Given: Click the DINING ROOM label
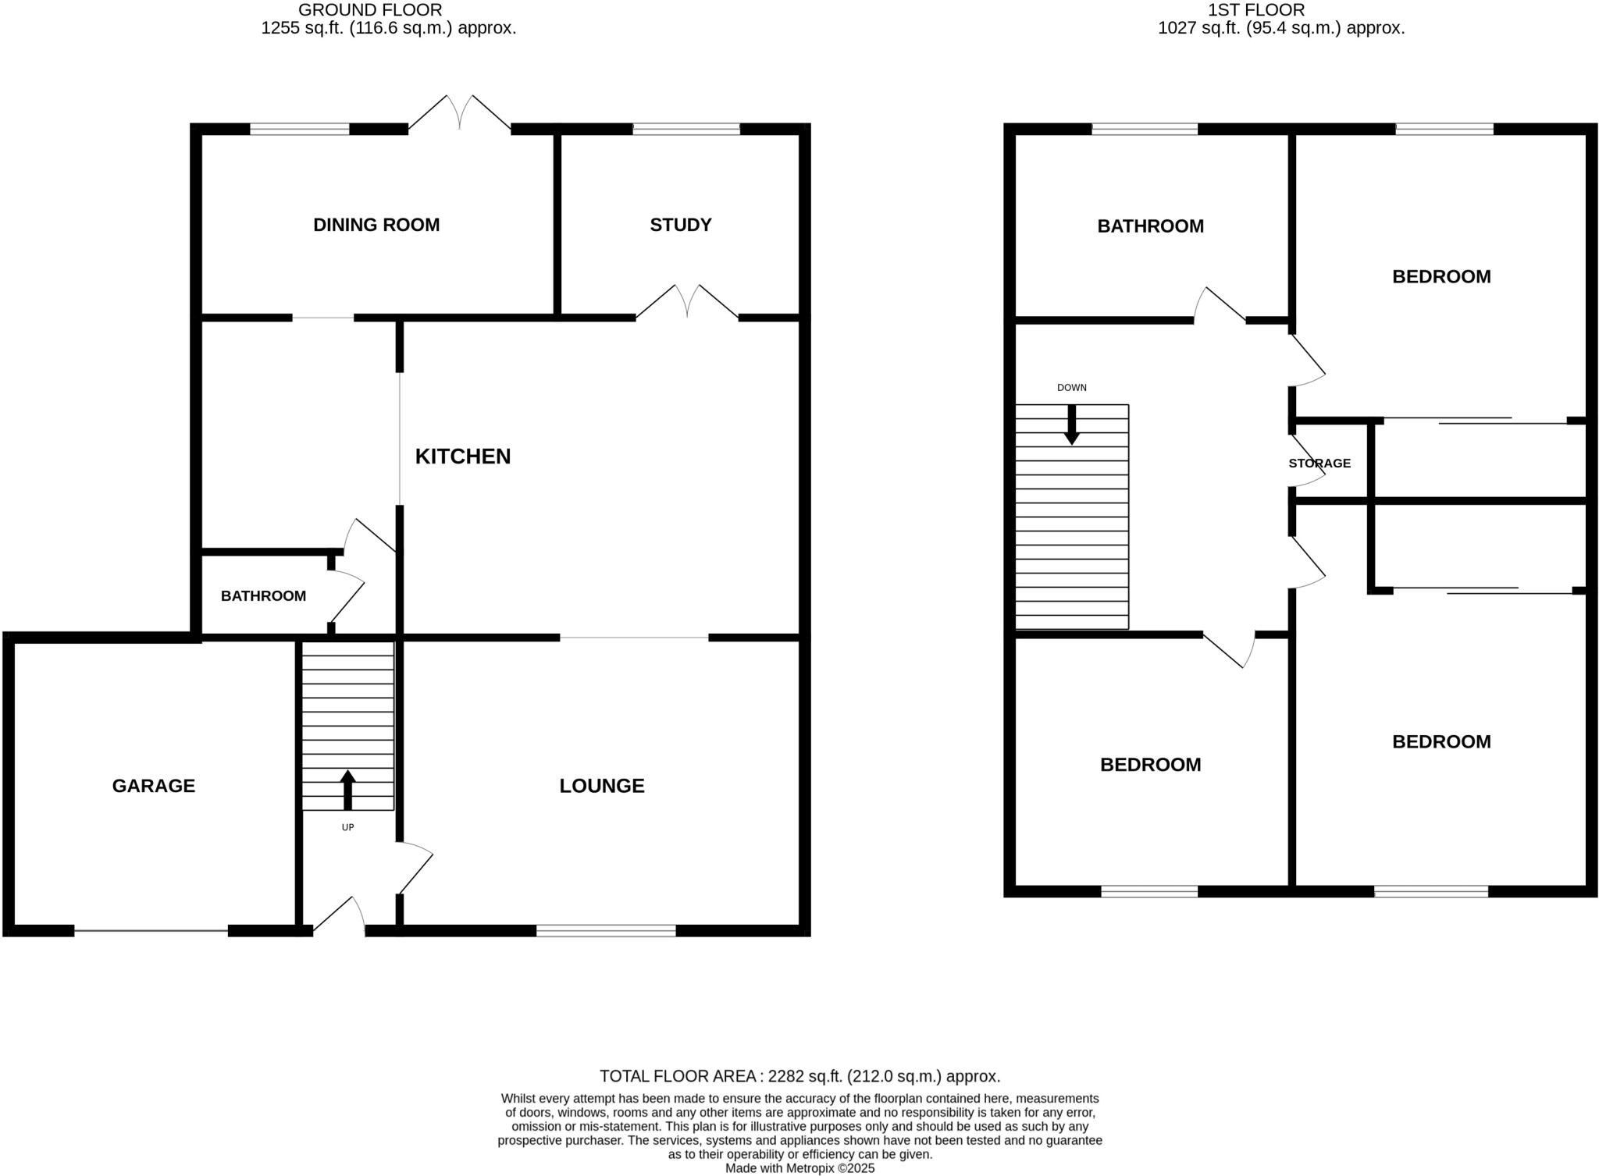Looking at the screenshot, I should pos(376,225).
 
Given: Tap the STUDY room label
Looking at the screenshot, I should pos(680,225).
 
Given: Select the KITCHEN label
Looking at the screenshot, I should pos(462,457).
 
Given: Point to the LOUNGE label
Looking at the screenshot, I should pos(601,786).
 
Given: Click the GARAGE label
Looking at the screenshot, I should pos(153,786).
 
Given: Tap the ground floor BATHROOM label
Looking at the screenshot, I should pos(263,596).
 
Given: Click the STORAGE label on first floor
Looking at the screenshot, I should pos(1319,464).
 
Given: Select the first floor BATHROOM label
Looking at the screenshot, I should pos(1150,226).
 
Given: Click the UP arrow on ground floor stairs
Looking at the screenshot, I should pos(347,790).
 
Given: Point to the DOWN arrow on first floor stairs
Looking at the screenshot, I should pos(1072,425).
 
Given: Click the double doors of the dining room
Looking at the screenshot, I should pos(460,113).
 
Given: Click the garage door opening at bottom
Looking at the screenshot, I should pos(151,930).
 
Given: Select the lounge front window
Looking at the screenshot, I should pos(606,930).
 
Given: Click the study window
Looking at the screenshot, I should pos(686,129).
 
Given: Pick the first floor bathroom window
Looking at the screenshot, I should pos(1144,129).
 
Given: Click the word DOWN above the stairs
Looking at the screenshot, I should pos(1071,388).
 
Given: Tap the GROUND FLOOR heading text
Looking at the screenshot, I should pos(371,10).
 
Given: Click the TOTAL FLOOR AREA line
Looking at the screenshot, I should pos(799,1076).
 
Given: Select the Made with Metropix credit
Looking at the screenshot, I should pos(799,1168).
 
